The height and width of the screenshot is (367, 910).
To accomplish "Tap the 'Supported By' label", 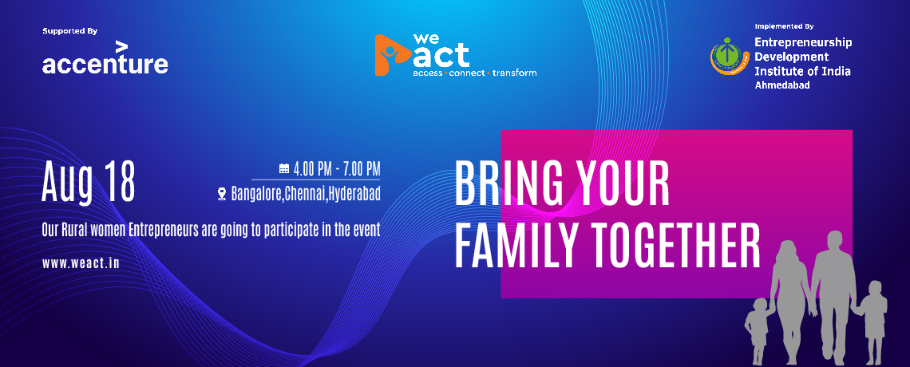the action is tap(69, 31).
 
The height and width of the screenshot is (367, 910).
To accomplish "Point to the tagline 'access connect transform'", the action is tap(475, 73).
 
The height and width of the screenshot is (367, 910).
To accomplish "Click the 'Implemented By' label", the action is tap(784, 26).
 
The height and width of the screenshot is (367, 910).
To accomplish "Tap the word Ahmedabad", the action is tap(782, 85).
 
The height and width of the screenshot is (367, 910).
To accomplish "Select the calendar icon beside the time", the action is tap(284, 169).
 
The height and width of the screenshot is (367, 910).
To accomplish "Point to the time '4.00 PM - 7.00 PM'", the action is tap(337, 169).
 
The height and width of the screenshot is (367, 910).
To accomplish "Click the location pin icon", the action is tap(222, 194).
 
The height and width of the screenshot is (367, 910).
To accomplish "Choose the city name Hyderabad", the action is tap(354, 194).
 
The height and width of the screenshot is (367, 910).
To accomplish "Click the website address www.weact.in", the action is tap(81, 263).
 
